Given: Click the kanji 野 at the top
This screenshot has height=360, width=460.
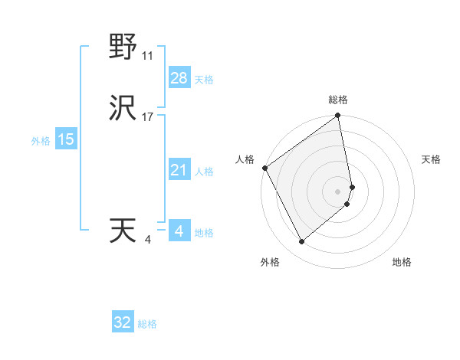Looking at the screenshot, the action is point(123,47).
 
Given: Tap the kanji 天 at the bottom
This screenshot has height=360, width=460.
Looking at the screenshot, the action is point(123,231).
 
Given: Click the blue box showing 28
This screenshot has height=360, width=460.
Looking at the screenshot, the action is point(179,78).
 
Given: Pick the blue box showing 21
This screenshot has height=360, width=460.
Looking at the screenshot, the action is point(179,171).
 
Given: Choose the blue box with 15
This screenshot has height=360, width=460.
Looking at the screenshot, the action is point(65,139).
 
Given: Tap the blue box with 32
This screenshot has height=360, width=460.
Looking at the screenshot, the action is point(123,322).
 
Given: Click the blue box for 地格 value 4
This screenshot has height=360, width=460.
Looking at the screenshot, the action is point(179,231).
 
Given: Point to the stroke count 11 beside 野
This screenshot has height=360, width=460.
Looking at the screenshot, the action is point(148,56).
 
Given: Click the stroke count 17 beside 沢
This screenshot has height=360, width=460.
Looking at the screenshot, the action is point(148,118).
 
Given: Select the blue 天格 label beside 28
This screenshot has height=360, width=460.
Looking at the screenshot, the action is point(204,80).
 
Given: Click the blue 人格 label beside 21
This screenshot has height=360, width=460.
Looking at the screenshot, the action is point(204,172).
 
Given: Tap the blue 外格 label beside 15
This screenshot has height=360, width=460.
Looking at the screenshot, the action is point(41,141).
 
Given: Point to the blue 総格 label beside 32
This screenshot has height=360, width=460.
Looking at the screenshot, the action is point(148,324).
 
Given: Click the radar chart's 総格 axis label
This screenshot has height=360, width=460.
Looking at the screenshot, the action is point(338,100).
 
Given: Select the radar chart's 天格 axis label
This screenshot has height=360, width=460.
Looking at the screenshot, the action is point(431,159).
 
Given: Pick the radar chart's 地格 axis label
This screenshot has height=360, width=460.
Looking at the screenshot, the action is point(402,262).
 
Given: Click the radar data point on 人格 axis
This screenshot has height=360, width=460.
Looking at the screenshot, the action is point(264,168).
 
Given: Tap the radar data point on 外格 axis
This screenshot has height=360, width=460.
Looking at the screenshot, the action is point(301,241).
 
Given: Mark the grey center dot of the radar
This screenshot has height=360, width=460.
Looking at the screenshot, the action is point(338,191).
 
